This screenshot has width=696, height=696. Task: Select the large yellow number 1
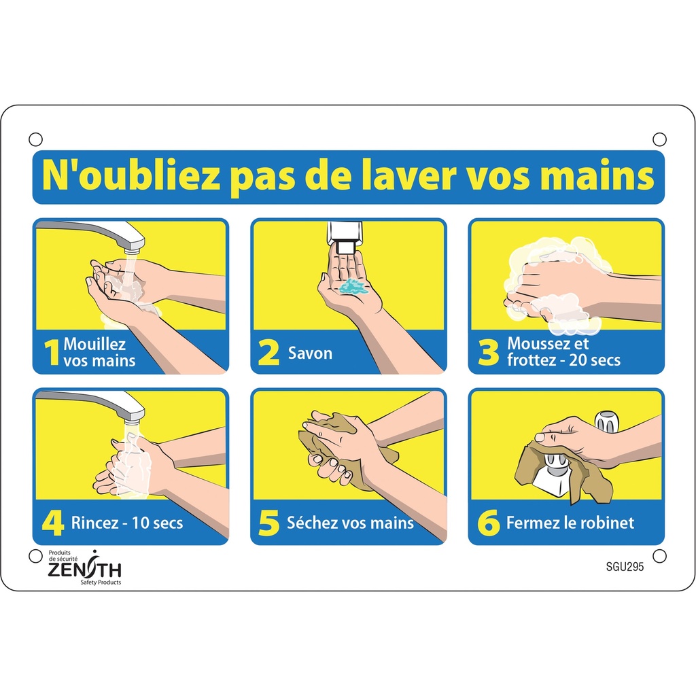(52, 353)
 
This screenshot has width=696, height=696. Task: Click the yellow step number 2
(268, 353)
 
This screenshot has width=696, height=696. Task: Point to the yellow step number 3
(488, 353)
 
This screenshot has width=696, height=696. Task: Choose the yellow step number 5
(269, 523)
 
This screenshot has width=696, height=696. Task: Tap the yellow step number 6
(488, 523)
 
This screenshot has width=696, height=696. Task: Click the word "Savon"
(310, 353)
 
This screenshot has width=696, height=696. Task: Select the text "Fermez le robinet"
(570, 523)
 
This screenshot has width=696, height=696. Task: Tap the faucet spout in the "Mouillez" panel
(129, 240)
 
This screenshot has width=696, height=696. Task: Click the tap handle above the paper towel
(607, 421)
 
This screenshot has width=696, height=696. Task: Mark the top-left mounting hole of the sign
(35, 139)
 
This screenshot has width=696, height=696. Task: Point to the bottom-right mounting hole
(659, 555)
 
